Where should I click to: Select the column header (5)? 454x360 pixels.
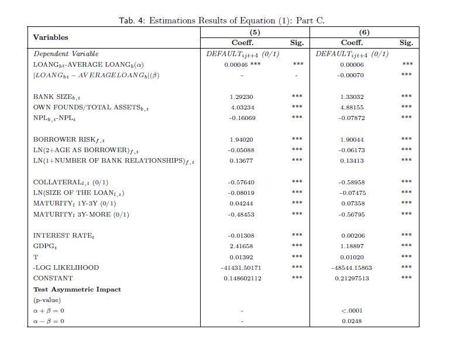(x=254, y=32)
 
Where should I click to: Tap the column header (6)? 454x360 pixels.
(x=364, y=32)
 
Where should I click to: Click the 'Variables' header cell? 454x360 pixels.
(x=50, y=37)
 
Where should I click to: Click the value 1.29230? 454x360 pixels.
(x=242, y=97)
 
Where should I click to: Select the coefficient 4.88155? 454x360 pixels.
(x=352, y=107)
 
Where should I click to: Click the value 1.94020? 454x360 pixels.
(x=242, y=139)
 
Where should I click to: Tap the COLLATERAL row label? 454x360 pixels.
(x=70, y=182)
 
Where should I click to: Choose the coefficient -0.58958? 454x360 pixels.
(x=352, y=182)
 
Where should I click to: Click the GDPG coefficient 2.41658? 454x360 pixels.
(x=242, y=246)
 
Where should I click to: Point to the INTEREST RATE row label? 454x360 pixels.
(x=63, y=235)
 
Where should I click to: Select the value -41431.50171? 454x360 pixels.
(x=241, y=268)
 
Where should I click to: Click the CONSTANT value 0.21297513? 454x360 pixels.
(x=352, y=279)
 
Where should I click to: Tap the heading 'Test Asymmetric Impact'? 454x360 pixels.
(x=77, y=289)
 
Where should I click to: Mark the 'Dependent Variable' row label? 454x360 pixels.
(x=66, y=54)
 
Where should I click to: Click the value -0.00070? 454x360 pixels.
(x=351, y=75)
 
